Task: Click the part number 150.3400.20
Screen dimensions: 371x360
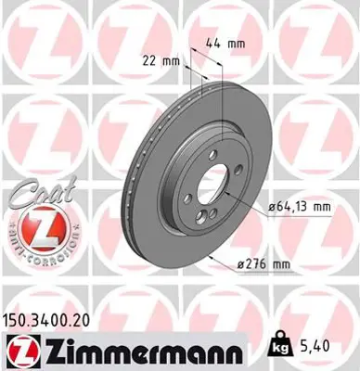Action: (49, 316)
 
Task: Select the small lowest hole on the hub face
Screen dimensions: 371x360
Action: (213, 212)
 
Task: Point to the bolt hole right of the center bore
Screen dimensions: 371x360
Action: (239, 170)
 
